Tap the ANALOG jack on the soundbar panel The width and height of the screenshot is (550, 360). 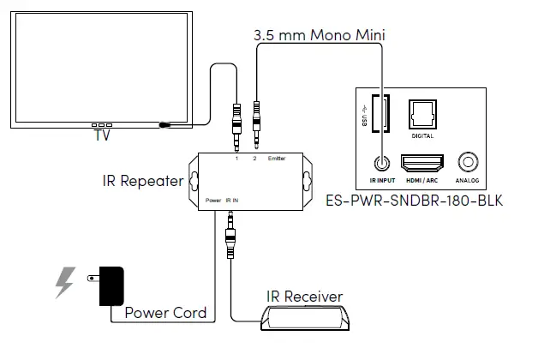click(x=469, y=161)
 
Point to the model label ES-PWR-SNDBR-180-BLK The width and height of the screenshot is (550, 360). click(x=413, y=202)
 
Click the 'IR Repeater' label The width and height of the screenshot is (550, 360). click(x=140, y=181)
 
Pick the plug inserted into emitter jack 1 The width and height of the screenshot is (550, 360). click(x=236, y=124)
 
